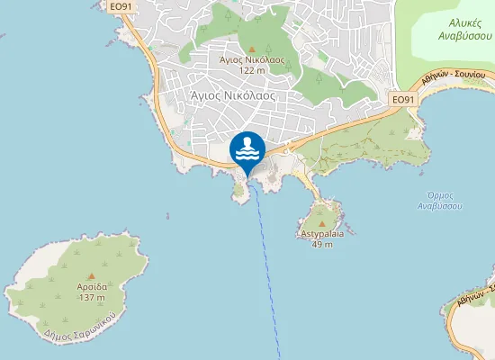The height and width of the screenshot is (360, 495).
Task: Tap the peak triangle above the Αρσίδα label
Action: pyautogui.click(x=92, y=274)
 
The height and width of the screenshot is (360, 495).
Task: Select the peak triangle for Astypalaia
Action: pyautogui.click(x=321, y=223)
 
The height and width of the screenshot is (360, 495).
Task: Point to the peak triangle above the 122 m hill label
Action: pyautogui.click(x=252, y=49)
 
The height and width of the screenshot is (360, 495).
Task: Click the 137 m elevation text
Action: pyautogui.click(x=92, y=297)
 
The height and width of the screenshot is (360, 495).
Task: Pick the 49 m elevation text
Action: pyautogui.click(x=321, y=244)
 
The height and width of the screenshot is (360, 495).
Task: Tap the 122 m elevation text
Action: pyautogui.click(x=252, y=70)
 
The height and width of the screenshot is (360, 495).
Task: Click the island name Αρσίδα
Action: pyautogui.click(x=92, y=286)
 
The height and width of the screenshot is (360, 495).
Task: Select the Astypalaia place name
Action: pyautogui.click(x=321, y=233)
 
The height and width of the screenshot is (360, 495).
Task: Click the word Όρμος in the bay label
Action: pyautogui.click(x=441, y=195)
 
